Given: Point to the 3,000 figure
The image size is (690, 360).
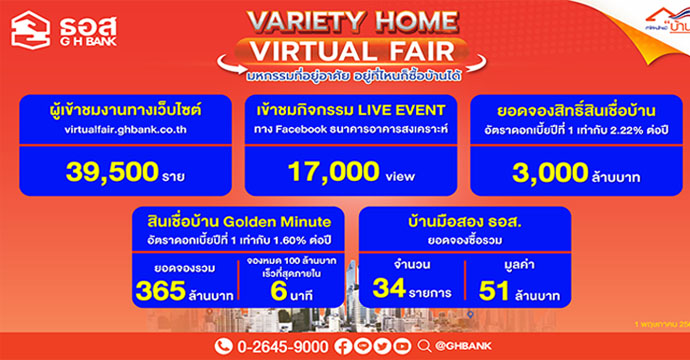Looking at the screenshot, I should click(539, 171).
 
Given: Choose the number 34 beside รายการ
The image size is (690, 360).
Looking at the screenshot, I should click(393, 291).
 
